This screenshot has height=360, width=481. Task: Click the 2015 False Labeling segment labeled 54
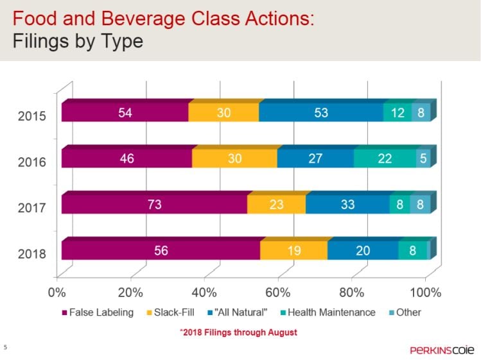[x=125, y=112]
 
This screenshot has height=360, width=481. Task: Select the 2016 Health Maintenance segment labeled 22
[x=385, y=159]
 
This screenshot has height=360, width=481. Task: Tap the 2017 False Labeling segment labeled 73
[x=154, y=205]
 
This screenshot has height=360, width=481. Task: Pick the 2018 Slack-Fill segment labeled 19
[x=293, y=251]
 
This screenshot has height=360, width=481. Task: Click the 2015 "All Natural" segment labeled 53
[x=321, y=112]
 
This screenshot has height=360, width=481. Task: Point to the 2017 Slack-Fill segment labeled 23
[x=276, y=205]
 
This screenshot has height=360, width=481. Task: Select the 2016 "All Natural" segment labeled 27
[x=315, y=159]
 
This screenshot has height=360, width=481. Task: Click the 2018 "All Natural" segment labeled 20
[x=363, y=251]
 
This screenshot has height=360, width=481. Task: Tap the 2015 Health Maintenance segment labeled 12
[x=398, y=112]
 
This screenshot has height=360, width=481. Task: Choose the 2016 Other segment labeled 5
[x=423, y=159]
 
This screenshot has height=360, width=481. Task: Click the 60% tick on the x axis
[x=279, y=294]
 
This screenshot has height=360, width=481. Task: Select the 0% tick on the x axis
[x=57, y=294]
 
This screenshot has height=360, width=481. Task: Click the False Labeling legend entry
[x=97, y=313]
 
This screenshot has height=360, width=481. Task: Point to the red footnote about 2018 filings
[x=238, y=332]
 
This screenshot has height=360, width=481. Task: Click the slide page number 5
[x=5, y=347]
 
